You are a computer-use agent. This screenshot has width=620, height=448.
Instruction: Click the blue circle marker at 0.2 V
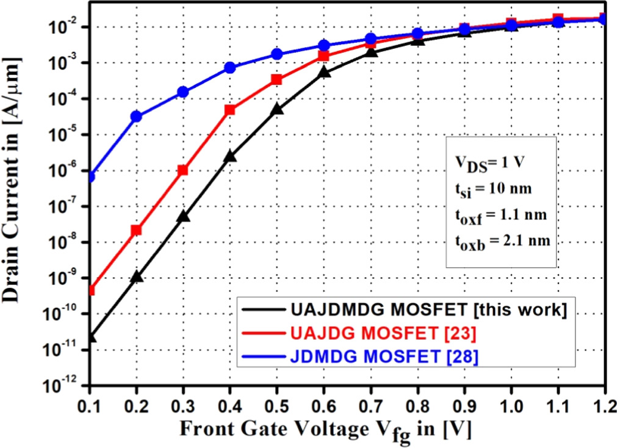point(136,116)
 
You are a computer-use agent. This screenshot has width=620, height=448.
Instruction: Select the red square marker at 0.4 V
point(230,110)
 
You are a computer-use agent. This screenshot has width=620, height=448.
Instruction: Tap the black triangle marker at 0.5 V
point(277,109)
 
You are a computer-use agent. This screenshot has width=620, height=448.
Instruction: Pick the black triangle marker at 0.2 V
point(136,276)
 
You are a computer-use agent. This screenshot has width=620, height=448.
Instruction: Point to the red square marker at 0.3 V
point(183,170)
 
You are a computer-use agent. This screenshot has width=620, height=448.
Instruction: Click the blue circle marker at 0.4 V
point(230,68)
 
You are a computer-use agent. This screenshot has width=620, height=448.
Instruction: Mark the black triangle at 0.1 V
point(90,336)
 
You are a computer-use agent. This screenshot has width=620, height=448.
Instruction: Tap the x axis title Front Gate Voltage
point(323,430)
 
